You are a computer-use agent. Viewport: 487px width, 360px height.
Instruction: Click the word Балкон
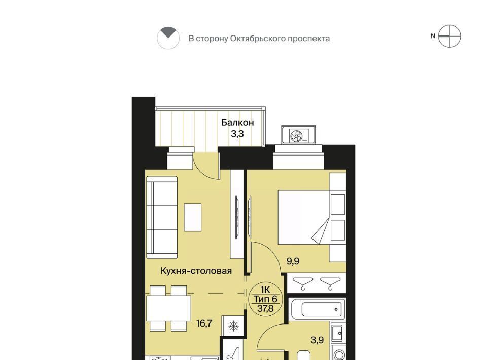tap(237, 123)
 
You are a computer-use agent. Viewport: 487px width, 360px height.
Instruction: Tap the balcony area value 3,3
tap(237, 134)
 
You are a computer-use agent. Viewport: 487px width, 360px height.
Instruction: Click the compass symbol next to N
tap(449, 37)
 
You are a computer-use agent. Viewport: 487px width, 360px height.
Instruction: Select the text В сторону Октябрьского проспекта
tap(259, 39)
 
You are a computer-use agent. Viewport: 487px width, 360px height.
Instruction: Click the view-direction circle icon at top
tap(168, 38)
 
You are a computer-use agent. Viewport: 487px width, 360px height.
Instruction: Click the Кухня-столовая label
tap(196, 271)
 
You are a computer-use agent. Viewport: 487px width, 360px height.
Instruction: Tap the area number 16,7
tap(204, 323)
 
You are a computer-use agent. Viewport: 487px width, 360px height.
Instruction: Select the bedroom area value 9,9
tap(293, 261)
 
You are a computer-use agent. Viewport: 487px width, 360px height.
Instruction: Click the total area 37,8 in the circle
tap(265, 308)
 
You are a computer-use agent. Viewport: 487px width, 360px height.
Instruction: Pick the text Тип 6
tap(265, 299)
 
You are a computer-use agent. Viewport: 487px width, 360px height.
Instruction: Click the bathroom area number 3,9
tap(317, 340)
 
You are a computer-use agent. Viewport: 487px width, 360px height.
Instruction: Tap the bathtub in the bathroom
tap(317, 309)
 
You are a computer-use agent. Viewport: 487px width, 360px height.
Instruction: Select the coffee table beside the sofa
tap(193, 217)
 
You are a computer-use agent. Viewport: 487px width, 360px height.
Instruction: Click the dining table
tap(168, 308)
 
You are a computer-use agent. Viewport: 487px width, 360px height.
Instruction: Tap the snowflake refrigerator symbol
tap(233, 326)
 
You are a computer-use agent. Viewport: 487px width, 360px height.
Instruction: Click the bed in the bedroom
tap(303, 217)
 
